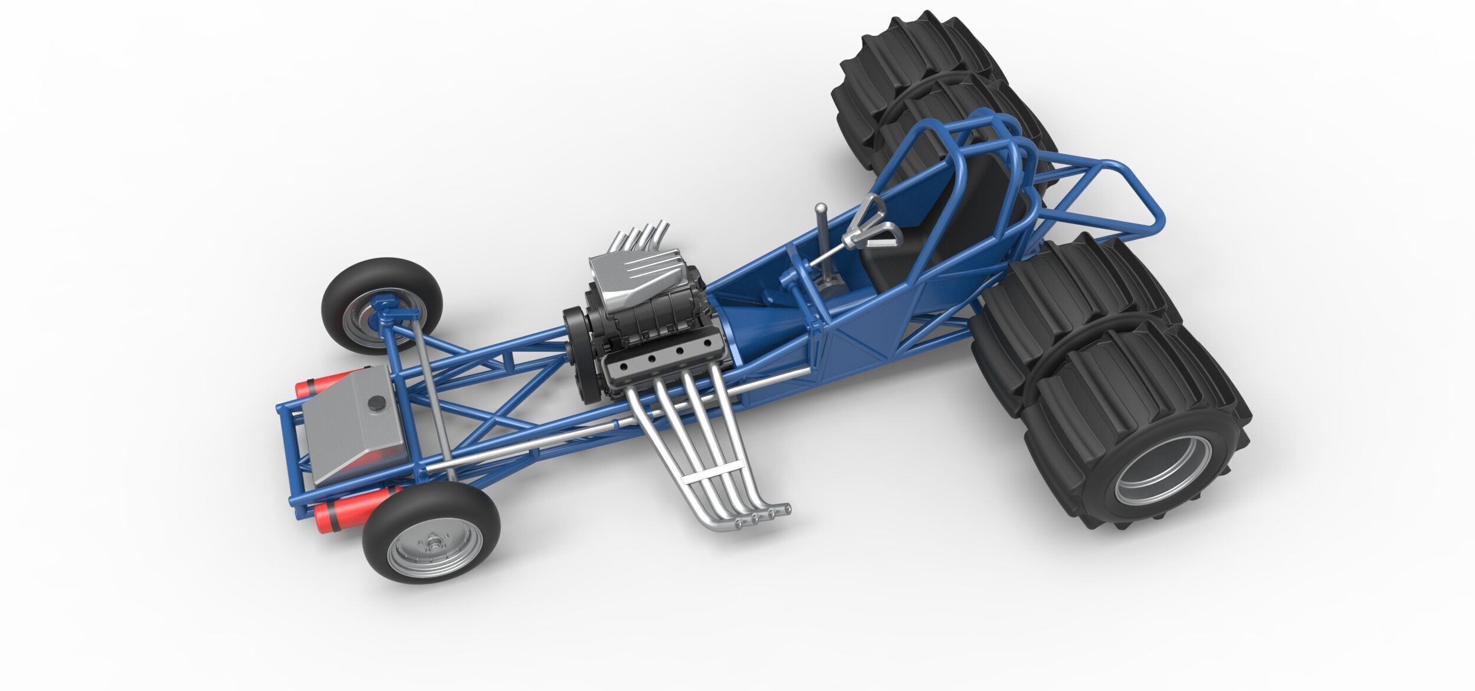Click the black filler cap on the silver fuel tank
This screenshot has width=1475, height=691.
(x=375, y=403)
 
